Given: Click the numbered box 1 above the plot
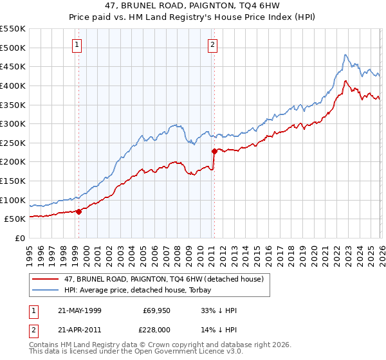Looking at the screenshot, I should (77, 45).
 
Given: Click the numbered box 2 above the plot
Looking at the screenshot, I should (212, 45).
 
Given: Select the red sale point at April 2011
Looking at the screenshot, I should (214, 151).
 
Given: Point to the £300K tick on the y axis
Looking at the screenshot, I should (13, 123).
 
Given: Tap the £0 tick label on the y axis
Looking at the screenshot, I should (19, 238).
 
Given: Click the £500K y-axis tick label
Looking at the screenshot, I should (13, 48).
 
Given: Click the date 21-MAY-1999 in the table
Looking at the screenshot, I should (80, 310).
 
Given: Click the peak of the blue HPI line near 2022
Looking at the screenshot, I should (345, 55).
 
